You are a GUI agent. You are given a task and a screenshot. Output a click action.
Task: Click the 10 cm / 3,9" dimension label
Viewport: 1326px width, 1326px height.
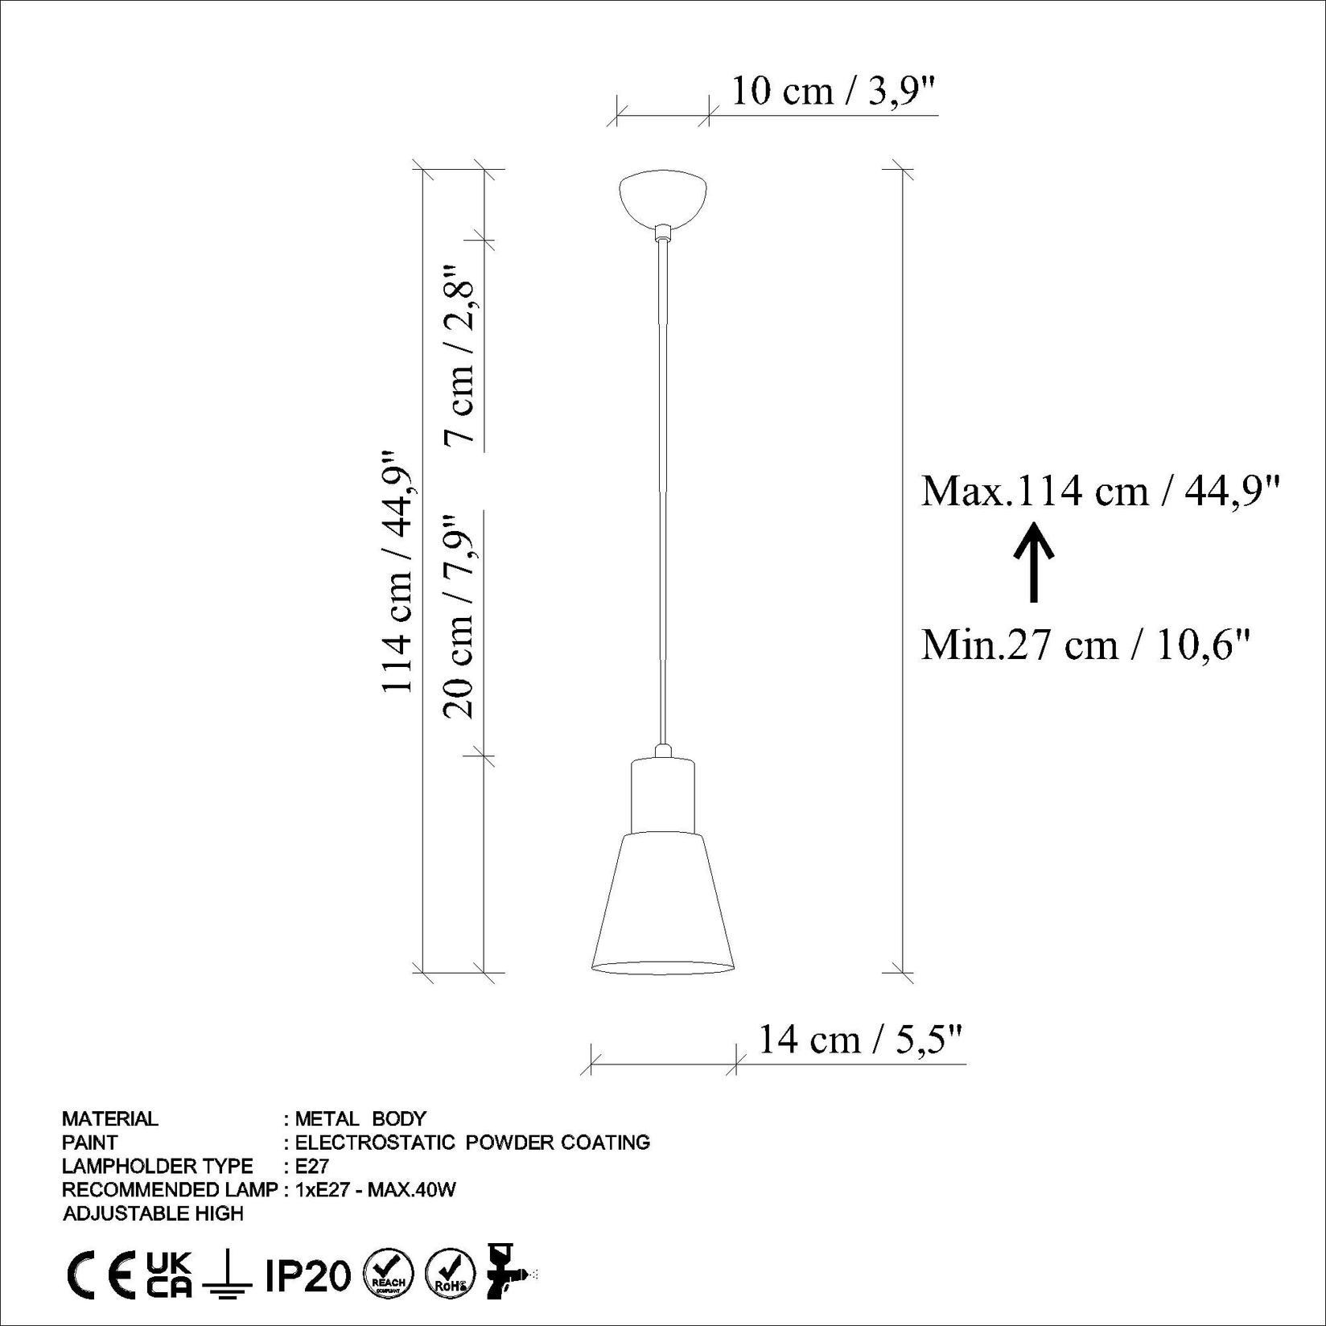pyautogui.click(x=834, y=92)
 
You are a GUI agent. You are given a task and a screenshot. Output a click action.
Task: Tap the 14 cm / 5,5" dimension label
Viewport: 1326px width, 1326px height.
pyautogui.click(x=860, y=1040)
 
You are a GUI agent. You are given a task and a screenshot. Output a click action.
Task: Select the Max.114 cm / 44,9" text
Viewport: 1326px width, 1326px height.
pyautogui.click(x=1100, y=490)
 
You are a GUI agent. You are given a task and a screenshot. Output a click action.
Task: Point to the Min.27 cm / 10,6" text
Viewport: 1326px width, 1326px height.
pyautogui.click(x=1085, y=644)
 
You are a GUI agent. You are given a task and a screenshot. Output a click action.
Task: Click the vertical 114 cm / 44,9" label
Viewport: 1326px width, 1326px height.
pyautogui.click(x=397, y=571)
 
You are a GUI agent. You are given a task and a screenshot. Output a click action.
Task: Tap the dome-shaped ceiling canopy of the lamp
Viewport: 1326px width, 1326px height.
pyautogui.click(x=663, y=197)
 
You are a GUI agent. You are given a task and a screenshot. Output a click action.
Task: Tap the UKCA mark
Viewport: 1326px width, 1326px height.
pyautogui.click(x=169, y=1275)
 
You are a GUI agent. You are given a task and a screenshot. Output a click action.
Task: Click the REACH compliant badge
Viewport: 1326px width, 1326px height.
pyautogui.click(x=389, y=1275)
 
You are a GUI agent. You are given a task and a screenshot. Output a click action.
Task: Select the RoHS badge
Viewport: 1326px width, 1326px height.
pyautogui.click(x=449, y=1275)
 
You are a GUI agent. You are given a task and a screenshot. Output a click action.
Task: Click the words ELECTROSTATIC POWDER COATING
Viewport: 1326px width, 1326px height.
pyautogui.click(x=472, y=1142)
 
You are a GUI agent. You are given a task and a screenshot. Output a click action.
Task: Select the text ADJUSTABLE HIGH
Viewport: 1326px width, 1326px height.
pyautogui.click(x=153, y=1213)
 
